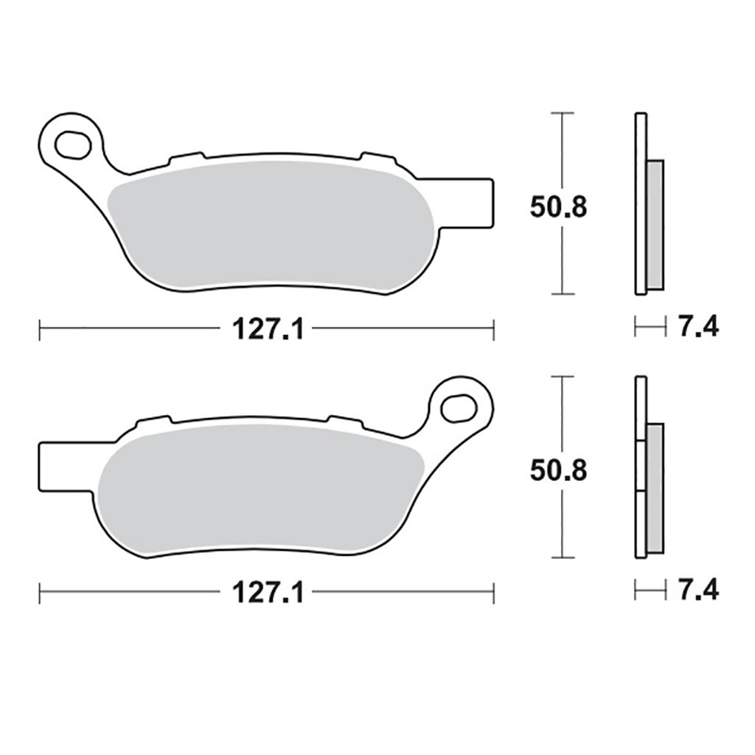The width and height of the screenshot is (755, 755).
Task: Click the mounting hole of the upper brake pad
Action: (x=74, y=142)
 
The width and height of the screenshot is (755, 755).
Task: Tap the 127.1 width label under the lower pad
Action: (x=268, y=593)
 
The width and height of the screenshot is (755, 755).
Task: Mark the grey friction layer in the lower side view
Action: (x=655, y=487)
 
